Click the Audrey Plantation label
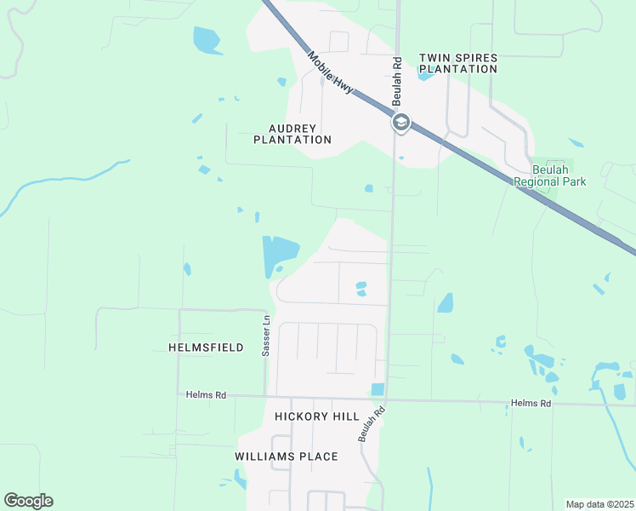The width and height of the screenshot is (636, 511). (x=292, y=134)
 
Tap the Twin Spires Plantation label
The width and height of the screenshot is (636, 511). (x=458, y=63)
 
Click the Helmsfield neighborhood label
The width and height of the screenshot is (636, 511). (x=207, y=347)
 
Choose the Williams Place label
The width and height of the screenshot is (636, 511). (x=287, y=456)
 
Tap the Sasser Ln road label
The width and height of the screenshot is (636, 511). (x=266, y=336)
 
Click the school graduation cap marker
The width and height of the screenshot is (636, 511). (x=401, y=123)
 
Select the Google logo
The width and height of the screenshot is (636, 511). (x=28, y=501)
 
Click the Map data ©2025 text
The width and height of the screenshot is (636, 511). (x=599, y=504)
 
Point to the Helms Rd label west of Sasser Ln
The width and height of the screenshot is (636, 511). (x=207, y=394)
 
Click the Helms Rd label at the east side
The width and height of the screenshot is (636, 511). (x=531, y=403)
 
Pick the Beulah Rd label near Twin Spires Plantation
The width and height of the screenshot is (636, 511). (x=396, y=82)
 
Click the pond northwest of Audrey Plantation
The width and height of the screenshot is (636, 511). (x=207, y=39)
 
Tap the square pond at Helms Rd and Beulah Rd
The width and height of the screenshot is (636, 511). (x=378, y=389)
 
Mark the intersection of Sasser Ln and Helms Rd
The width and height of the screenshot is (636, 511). (x=266, y=396)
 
